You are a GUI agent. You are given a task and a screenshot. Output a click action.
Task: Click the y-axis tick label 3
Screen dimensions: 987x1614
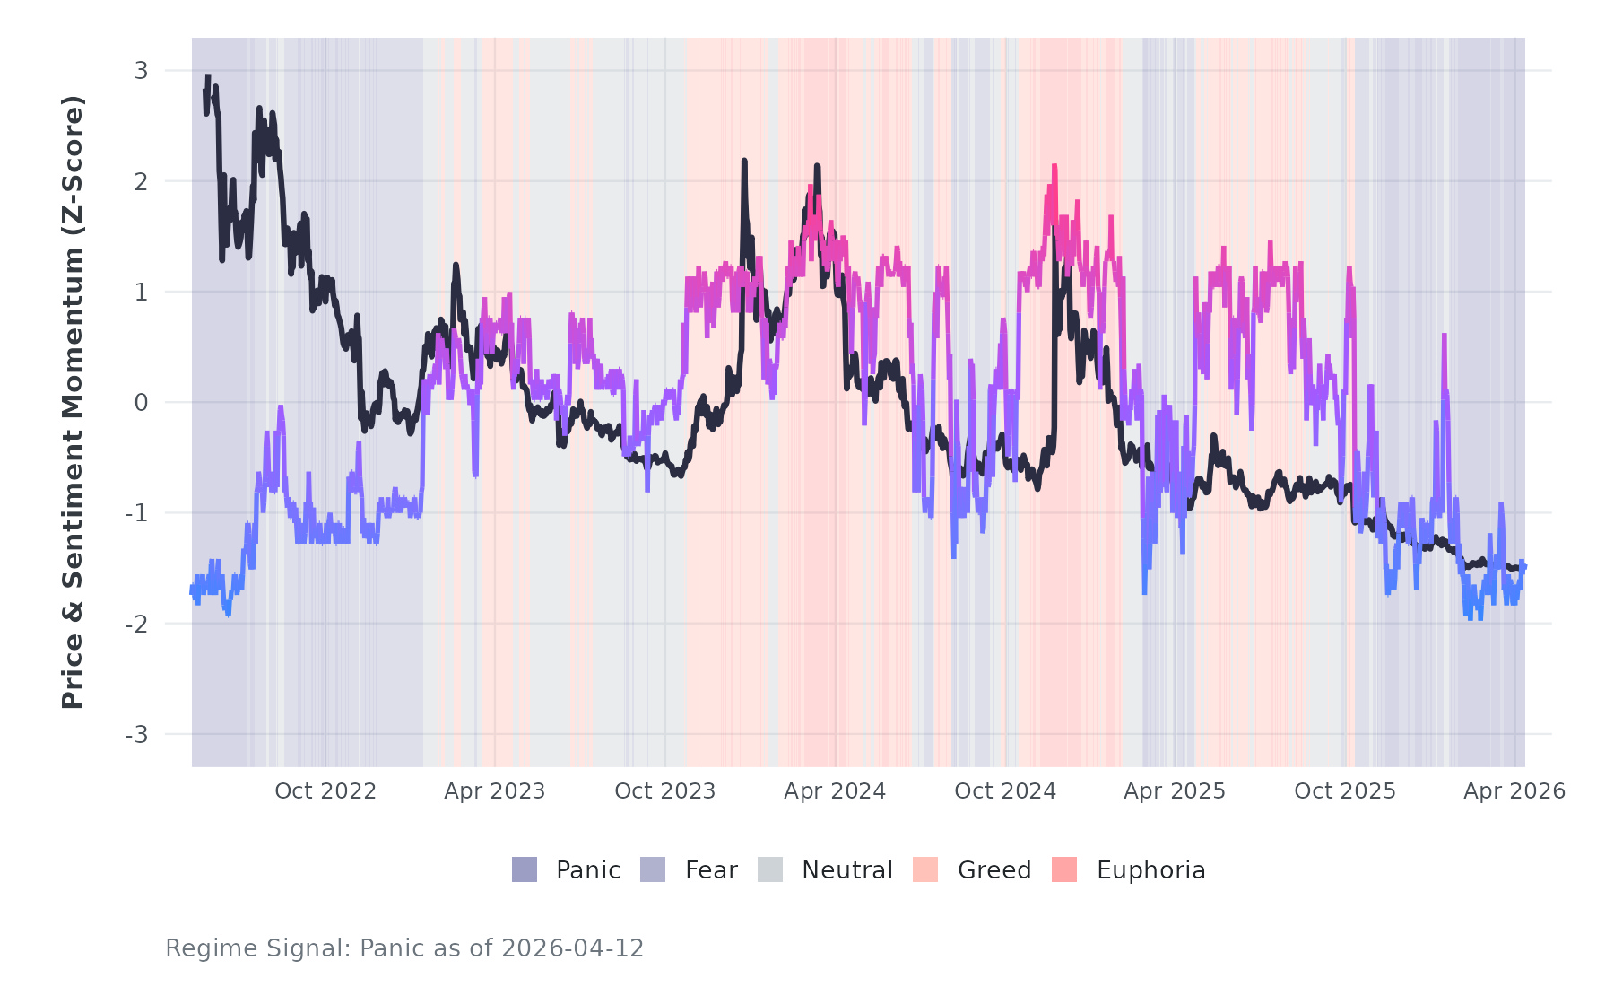pyautogui.click(x=141, y=71)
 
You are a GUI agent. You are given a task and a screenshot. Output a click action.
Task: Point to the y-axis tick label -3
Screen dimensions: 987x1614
pyautogui.click(x=136, y=735)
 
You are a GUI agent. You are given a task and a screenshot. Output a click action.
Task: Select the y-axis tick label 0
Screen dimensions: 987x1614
pyautogui.click(x=141, y=403)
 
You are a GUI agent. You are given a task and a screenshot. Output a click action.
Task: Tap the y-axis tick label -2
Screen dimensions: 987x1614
pyautogui.click(x=136, y=625)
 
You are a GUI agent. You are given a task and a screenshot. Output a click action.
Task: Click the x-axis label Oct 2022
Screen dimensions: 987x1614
pyautogui.click(x=325, y=791)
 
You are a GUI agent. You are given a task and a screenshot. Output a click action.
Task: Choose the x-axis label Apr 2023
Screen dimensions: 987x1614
pyautogui.click(x=495, y=791)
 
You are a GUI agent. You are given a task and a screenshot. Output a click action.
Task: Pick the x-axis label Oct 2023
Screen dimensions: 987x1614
pyautogui.click(x=665, y=791)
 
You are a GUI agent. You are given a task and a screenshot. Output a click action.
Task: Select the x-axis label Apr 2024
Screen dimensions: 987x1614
pyautogui.click(x=835, y=791)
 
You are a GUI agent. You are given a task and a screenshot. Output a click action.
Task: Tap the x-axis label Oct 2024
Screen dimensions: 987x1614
pyautogui.click(x=1005, y=791)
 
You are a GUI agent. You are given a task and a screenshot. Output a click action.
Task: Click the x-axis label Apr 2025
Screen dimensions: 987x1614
pyautogui.click(x=1175, y=791)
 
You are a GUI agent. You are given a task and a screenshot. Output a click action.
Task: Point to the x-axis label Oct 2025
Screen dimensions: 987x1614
pyautogui.click(x=1345, y=791)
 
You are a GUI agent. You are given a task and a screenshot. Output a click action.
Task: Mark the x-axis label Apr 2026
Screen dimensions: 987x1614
pyautogui.click(x=1514, y=791)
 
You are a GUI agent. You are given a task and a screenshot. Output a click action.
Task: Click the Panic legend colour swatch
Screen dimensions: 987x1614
pyautogui.click(x=525, y=869)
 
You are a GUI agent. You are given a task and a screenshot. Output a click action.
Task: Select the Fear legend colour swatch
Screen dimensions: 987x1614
pyautogui.click(x=653, y=869)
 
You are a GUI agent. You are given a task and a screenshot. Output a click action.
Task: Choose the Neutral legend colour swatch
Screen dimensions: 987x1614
pyautogui.click(x=770, y=869)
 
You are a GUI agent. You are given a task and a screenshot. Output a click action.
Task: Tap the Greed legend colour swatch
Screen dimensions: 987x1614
pyautogui.click(x=925, y=869)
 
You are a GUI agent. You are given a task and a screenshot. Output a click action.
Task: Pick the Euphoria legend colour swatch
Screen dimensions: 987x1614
pyautogui.click(x=1064, y=869)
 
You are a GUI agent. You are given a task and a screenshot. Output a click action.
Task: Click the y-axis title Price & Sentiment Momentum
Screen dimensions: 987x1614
pyautogui.click(x=73, y=402)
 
